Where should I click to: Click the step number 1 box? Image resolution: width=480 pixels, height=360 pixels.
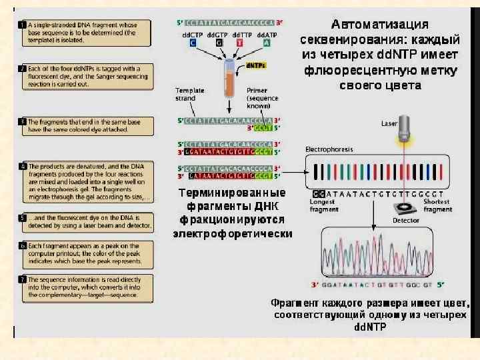(22, 25)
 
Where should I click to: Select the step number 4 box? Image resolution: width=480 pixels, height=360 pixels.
(22, 165)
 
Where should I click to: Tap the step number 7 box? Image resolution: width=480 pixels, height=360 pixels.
(22, 278)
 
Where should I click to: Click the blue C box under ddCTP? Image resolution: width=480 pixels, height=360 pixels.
(193, 43)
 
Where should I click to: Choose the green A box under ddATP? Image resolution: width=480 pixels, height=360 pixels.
(266, 43)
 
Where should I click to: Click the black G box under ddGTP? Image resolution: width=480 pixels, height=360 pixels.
(217, 43)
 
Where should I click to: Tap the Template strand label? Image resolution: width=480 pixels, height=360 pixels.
(185, 94)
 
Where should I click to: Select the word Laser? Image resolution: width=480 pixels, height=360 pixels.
(389, 123)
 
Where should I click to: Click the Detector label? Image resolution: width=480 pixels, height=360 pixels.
(405, 219)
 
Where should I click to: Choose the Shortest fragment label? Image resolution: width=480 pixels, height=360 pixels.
(437, 206)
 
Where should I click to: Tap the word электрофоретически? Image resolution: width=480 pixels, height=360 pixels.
(233, 233)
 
